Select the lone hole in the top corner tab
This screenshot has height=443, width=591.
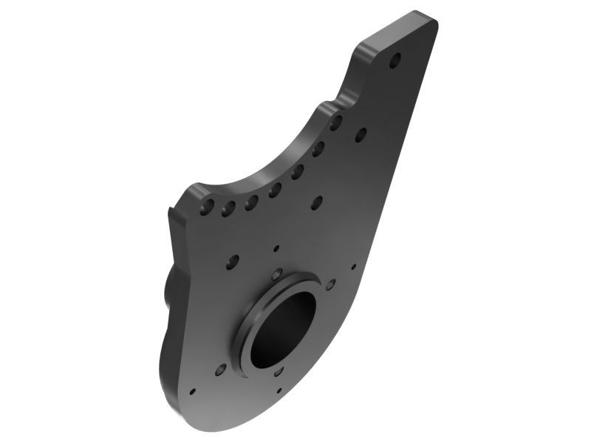pyautogui.click(x=395, y=58)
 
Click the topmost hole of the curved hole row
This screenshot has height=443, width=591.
pyautogui.click(x=336, y=123)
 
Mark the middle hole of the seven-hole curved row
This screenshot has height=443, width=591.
pyautogui.click(x=275, y=190)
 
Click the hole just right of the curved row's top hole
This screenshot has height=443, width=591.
pyautogui.click(x=361, y=134)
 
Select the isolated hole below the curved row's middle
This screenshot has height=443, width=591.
pyautogui.click(x=318, y=200)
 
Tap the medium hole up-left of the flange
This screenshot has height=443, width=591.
pyautogui.click(x=233, y=260)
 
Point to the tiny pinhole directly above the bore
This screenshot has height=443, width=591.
pyautogui.click(x=276, y=248)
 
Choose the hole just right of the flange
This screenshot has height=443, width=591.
pyautogui.click(x=329, y=284)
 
